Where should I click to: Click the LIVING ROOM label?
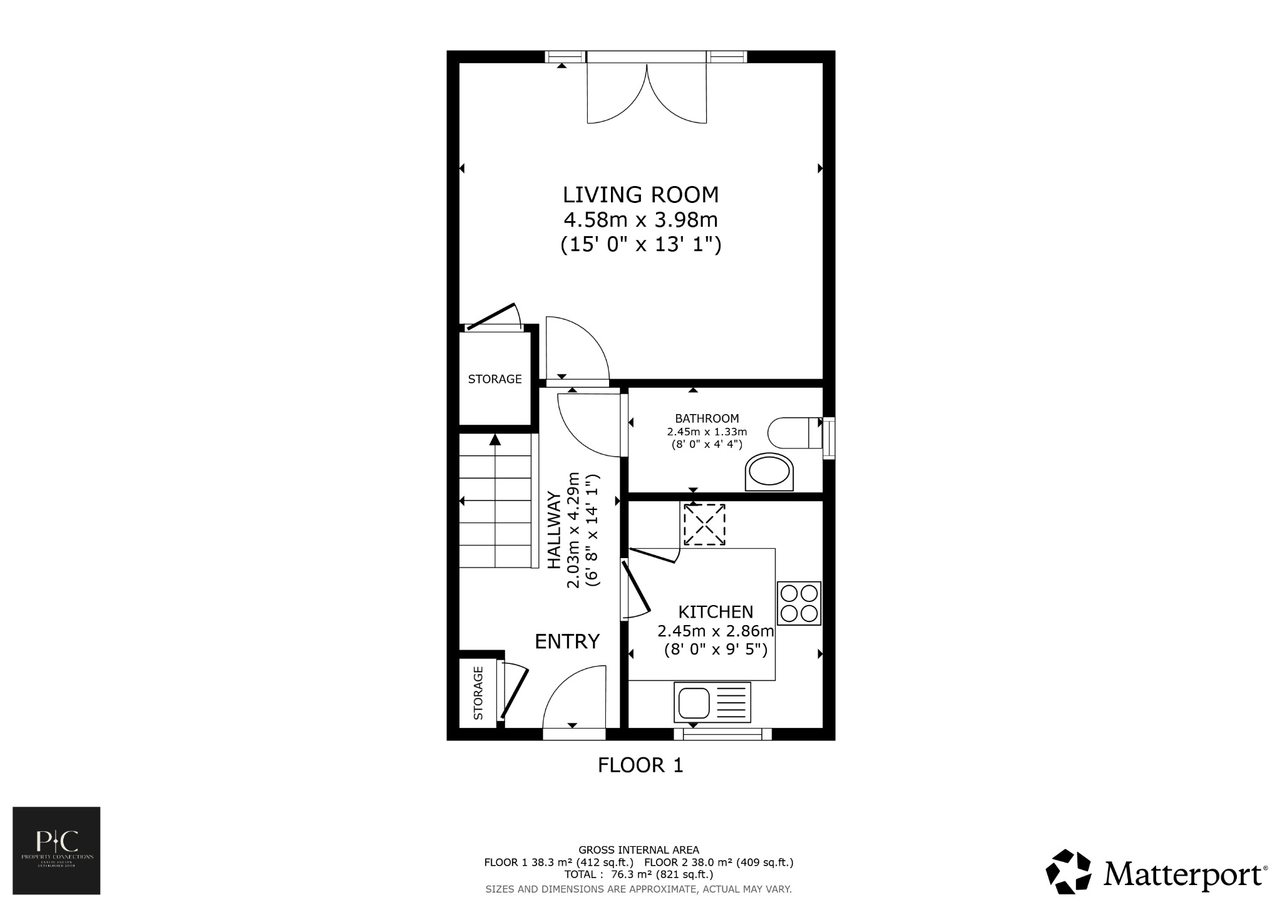tap(640, 195)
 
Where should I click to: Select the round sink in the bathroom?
tap(769, 472)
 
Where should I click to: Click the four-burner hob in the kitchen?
tap(799, 603)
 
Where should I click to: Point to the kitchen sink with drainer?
tap(712, 702)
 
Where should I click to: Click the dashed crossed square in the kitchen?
tap(704, 524)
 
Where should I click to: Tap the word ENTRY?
tap(567, 641)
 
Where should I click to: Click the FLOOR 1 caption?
tap(640, 765)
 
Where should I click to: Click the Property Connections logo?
tap(56, 850)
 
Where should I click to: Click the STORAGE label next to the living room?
tap(495, 379)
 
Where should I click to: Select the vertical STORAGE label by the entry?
tap(478, 693)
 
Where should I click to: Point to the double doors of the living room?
tap(647, 94)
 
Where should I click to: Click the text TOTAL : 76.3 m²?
tap(638, 874)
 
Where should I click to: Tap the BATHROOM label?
tap(707, 418)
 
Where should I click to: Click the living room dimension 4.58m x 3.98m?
tap(640, 220)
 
